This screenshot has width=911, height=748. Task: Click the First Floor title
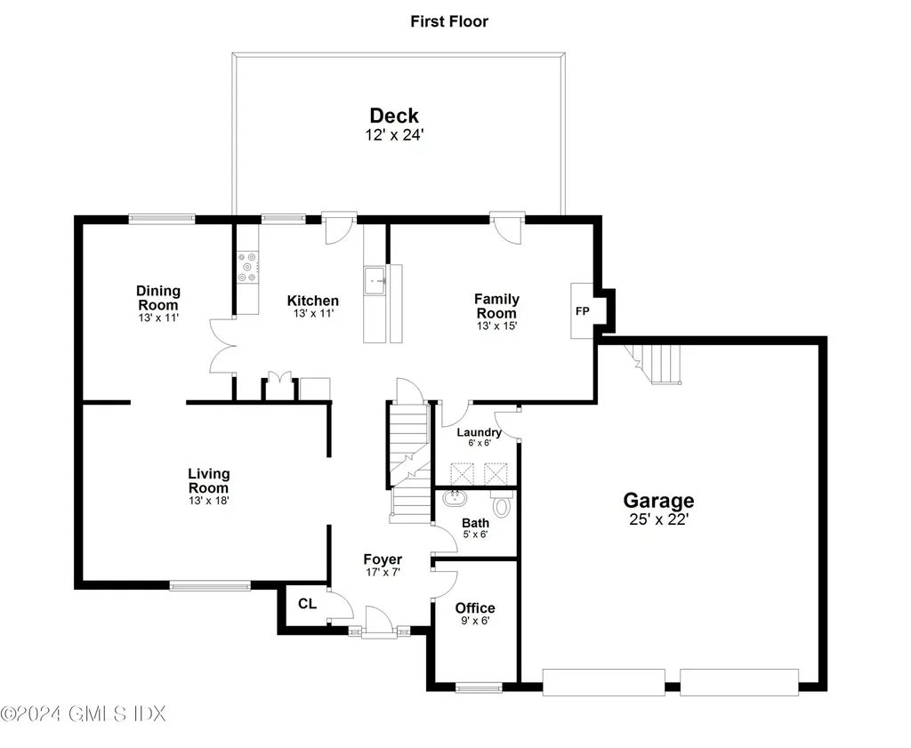click(448, 21)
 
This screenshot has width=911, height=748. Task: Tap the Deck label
click(394, 116)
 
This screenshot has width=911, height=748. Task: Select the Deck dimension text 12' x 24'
click(394, 135)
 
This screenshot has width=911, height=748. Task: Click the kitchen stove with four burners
click(246, 268)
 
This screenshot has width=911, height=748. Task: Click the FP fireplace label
click(582, 311)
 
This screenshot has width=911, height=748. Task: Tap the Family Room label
click(496, 306)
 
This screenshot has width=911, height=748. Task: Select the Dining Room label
click(158, 298)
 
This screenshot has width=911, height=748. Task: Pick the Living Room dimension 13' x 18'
click(208, 501)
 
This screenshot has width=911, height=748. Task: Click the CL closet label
click(307, 604)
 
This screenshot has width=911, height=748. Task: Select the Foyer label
click(383, 559)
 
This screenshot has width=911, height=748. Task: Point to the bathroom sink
click(454, 499)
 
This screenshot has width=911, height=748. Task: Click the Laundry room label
click(479, 433)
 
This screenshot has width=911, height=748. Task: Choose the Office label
click(475, 608)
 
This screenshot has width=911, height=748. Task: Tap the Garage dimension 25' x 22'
click(658, 519)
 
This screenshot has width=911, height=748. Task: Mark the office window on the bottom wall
click(478, 687)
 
